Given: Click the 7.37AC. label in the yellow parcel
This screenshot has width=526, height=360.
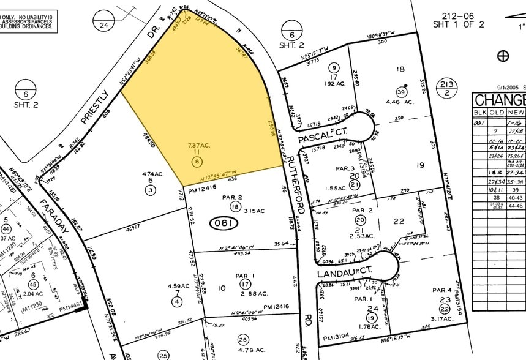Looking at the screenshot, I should pos(198,145).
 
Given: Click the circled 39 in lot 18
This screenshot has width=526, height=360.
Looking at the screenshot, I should pos(402,91).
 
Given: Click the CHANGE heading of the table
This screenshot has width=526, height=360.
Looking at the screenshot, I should pos(500,100).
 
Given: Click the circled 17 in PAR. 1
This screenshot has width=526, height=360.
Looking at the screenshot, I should pos(245,284).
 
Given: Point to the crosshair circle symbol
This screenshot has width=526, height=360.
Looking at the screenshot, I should pos(503,56).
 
